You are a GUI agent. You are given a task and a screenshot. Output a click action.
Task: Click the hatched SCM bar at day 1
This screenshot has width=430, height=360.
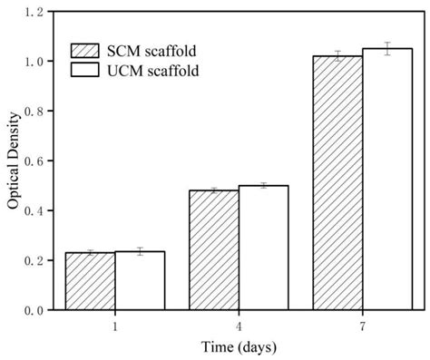click(90, 281)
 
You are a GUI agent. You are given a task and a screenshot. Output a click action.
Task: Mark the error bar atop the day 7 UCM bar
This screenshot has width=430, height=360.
click(386, 49)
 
